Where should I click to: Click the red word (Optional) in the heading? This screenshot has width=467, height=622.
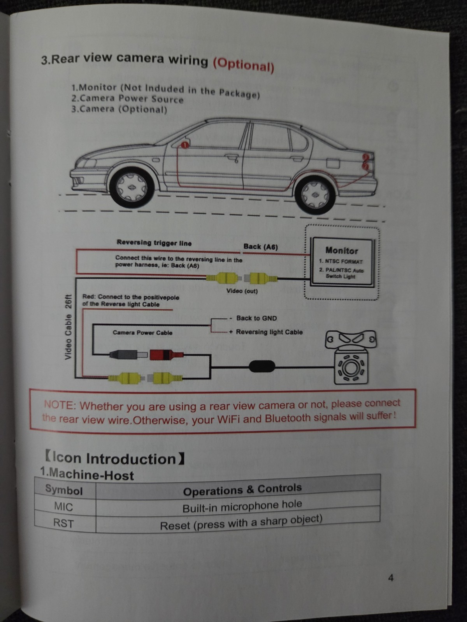click(244, 65)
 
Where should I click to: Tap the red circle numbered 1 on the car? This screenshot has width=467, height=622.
click(184, 145)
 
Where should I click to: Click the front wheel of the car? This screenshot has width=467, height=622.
click(132, 188)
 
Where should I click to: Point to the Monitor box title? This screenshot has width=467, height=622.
click(342, 250)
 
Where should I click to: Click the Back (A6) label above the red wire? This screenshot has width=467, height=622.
click(261, 247)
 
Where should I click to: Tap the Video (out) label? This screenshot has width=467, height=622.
click(242, 291)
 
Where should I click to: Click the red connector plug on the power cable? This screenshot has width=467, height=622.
click(166, 355)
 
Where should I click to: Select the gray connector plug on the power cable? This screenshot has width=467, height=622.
click(128, 355)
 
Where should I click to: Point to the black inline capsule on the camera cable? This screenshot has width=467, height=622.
click(262, 367)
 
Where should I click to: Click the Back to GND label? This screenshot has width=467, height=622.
click(256, 318)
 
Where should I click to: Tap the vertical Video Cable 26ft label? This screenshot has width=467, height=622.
click(68, 327)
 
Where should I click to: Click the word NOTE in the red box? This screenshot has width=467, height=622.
click(59, 405)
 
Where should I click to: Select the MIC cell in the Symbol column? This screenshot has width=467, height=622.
click(63, 507)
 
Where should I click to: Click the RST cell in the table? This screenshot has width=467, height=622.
click(63, 523)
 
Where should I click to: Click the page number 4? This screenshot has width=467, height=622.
click(391, 578)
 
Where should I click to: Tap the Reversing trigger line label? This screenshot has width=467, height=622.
click(154, 243)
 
